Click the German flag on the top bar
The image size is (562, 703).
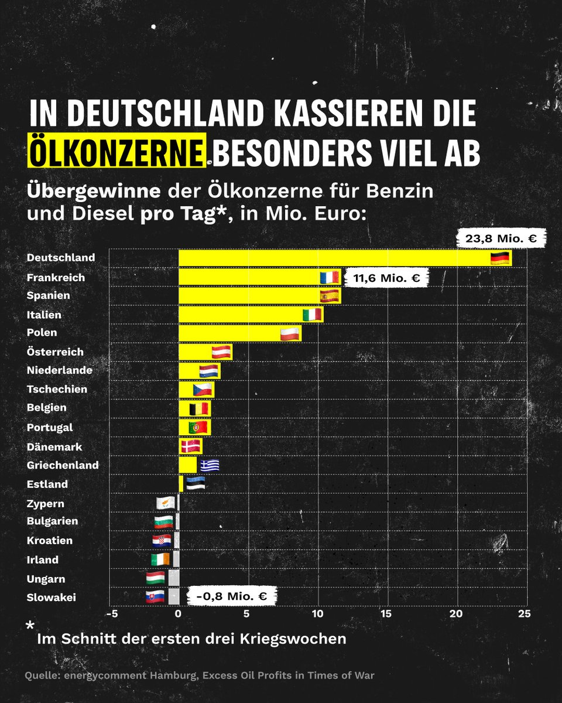point(500,258)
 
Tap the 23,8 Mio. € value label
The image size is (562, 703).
point(502,238)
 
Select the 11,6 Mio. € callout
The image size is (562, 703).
point(386,278)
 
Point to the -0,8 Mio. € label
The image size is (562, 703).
point(231,597)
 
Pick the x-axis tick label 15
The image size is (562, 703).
point(386,614)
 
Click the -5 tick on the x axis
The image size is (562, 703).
point(109,614)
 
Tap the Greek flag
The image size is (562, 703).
point(209,465)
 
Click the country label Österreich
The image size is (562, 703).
point(55,352)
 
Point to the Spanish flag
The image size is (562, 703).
point(330,296)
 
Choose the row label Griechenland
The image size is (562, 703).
point(63,466)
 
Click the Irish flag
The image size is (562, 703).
point(159,559)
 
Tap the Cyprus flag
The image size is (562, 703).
point(165,503)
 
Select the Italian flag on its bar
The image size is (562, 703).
point(312,315)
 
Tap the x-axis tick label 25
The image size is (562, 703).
point(525,614)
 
